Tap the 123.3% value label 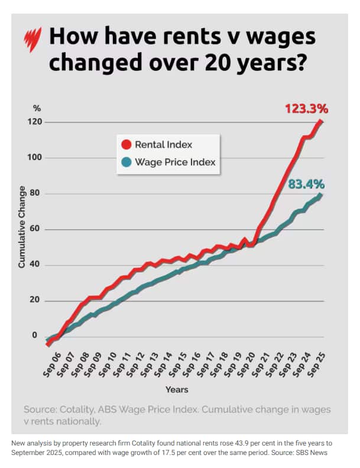pyautogui.click(x=306, y=109)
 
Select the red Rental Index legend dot pyautogui.click(x=125, y=145)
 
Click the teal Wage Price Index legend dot pyautogui.click(x=125, y=162)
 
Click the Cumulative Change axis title pyautogui.click(x=22, y=227)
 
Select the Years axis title pyautogui.click(x=177, y=389)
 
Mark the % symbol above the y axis pyautogui.click(x=37, y=108)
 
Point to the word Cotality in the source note pyautogui.click(x=83, y=409)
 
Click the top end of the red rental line pyautogui.click(x=321, y=122)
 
